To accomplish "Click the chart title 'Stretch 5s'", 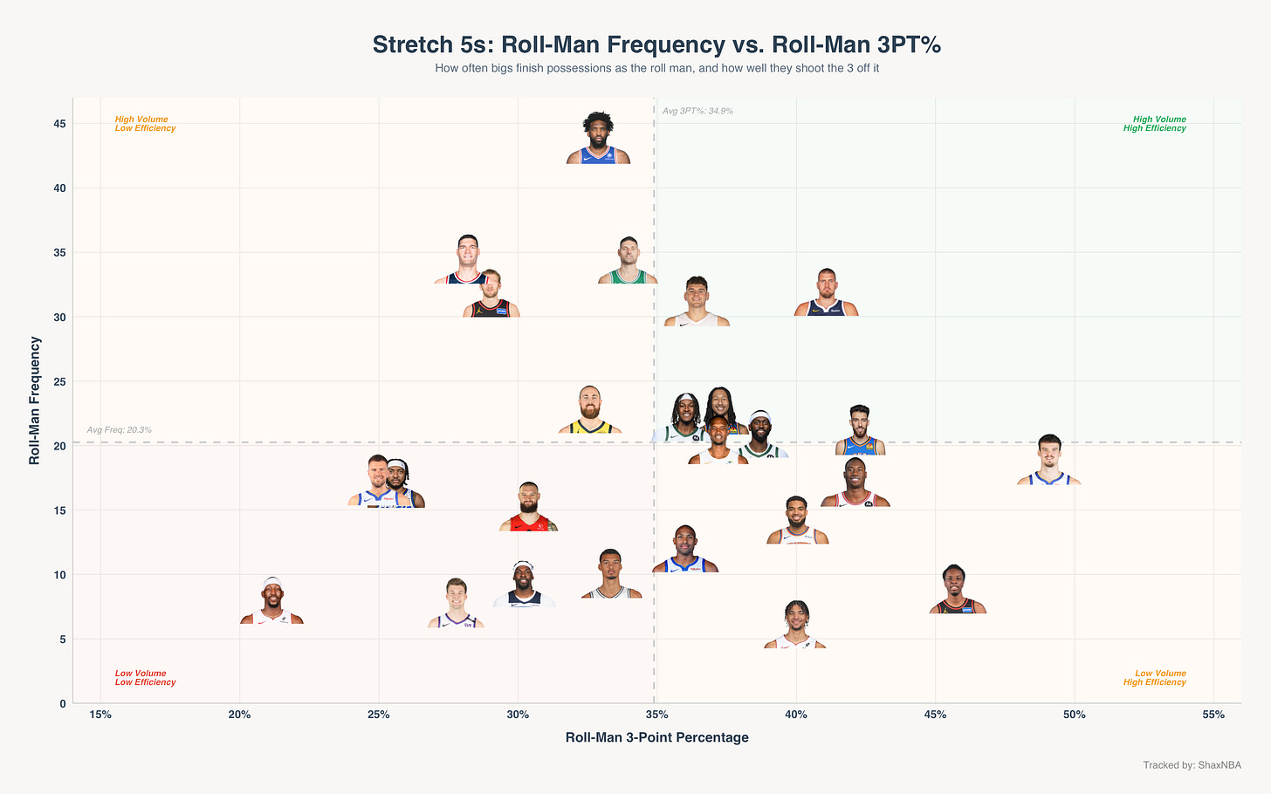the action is tap(431, 44).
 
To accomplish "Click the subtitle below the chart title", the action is tap(657, 69).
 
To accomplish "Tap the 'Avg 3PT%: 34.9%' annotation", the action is tap(697, 111).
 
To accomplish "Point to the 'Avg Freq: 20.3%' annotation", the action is tap(119, 430).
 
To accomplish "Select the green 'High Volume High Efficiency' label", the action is tap(1155, 124).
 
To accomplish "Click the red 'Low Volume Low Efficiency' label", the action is tap(145, 678).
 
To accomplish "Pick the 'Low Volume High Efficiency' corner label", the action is tap(1155, 678).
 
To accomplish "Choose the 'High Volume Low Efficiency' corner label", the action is tap(145, 124).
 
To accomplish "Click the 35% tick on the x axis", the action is tap(656, 715).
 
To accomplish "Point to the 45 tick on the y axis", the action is tap(59, 124).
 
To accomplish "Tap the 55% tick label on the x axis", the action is tap(1213, 715).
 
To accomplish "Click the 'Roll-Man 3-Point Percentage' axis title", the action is tap(657, 737).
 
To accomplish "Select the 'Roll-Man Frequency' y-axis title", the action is tap(35, 400).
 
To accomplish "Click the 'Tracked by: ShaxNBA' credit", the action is tap(1192, 765).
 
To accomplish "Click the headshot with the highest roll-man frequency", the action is tap(598, 138).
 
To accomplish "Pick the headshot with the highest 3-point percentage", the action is tap(1049, 459).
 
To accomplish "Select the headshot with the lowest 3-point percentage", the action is tap(271, 600).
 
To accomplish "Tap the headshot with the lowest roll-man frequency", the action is tap(795, 625).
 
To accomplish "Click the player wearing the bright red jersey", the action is tap(528, 506).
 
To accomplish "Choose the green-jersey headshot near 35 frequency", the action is tap(629, 260).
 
